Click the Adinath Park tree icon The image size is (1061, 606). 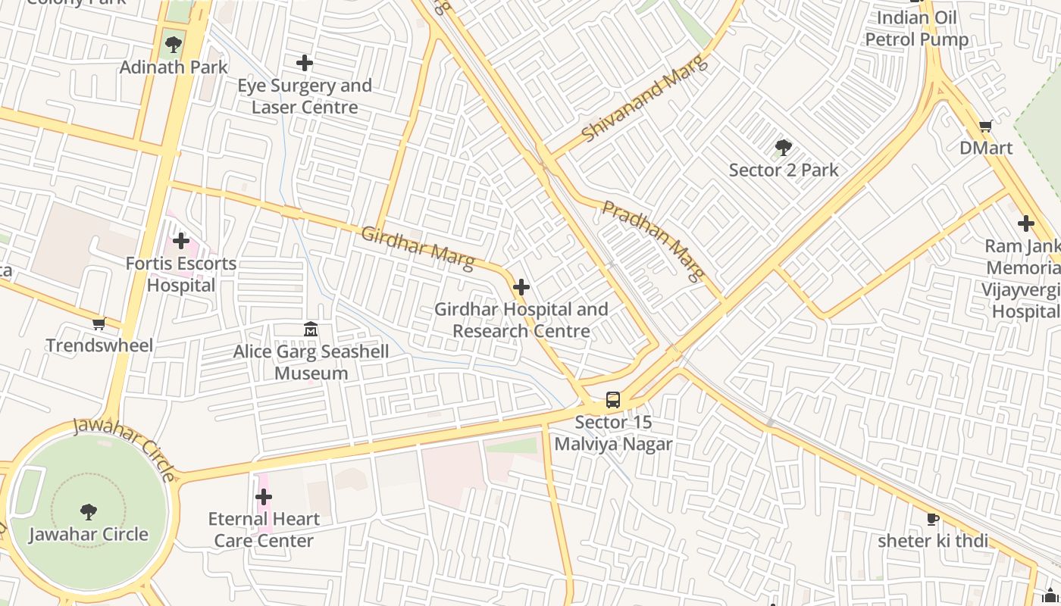pos(174,44)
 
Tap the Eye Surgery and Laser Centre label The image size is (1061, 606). pos(305,96)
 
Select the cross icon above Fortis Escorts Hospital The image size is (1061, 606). pos(180,242)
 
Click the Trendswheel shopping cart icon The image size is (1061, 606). pos(99,324)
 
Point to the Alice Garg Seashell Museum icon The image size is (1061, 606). pos(311,330)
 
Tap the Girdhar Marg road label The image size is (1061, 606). pos(418,248)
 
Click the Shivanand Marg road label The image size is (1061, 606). pos(645,98)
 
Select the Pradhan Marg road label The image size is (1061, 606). pos(653,240)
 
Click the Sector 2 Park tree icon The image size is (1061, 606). pos(784,148)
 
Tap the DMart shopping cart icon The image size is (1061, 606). pos(985,126)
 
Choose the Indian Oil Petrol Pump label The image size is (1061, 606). pos(917,29)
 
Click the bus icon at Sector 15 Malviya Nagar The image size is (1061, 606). pos(613,400)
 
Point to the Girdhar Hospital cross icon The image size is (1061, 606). pos(521,287)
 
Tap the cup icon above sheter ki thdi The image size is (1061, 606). pos(933,519)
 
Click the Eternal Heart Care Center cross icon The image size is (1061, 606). pos(264,497)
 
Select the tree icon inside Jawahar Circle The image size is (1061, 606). pos(89,512)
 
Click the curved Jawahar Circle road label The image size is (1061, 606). pos(124,448)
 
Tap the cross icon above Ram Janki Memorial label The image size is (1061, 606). pos(1026,223)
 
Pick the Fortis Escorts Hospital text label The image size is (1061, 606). pos(181,274)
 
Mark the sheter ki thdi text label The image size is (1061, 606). pos(933,541)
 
